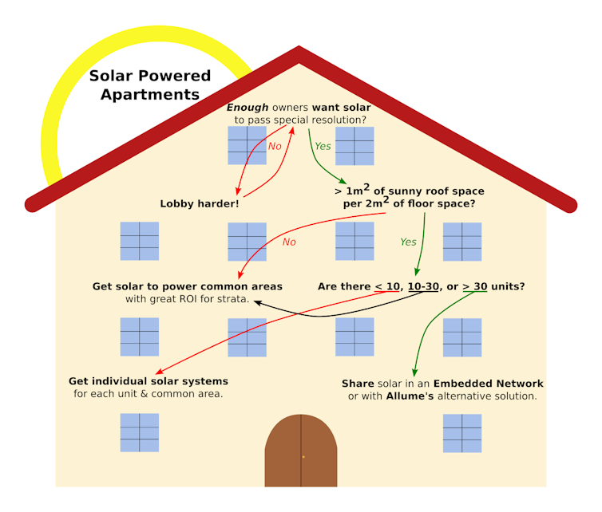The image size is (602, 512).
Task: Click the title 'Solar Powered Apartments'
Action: coord(150,85)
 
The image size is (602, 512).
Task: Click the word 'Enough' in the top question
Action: coord(248,108)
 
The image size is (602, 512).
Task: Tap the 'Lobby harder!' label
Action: coord(200,203)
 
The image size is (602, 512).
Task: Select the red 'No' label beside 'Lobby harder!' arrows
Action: coord(275,146)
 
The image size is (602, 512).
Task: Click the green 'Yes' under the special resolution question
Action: coord(323,146)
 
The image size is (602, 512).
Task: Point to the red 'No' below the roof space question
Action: coord(289,242)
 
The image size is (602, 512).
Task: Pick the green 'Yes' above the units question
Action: coord(408,242)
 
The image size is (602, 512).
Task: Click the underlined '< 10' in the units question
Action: coord(387,286)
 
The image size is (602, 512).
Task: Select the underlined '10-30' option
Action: coord(423,286)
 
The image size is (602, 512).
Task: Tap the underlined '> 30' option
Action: coord(475,286)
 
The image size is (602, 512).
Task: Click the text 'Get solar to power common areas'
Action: coord(188,286)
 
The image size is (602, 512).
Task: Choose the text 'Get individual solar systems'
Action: coord(149,381)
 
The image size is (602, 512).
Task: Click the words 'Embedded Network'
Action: coord(489,384)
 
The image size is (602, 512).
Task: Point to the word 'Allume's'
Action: coord(410,396)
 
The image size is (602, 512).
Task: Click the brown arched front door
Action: coord(301,451)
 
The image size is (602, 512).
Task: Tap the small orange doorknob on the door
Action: coord(303,457)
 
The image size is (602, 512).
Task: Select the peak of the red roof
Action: coord(299,47)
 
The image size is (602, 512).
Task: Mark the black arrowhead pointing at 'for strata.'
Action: coord(258,302)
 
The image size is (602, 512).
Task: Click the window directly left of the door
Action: coord(140,432)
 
